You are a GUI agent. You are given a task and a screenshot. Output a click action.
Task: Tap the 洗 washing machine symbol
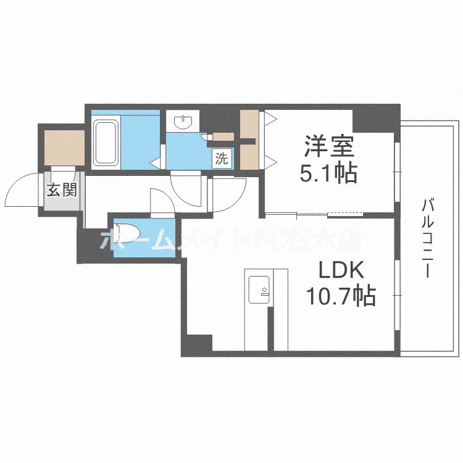[221, 158]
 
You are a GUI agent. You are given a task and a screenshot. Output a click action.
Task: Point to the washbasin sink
[183, 122]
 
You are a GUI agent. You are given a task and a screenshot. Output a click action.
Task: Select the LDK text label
[341, 271]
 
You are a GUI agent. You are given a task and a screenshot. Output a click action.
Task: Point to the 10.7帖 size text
[341, 298]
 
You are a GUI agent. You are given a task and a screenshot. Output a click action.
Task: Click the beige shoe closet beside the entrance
[64, 148]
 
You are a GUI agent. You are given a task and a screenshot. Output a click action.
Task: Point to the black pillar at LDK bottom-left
[198, 344]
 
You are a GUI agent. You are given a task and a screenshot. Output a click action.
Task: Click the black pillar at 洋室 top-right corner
[374, 117]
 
